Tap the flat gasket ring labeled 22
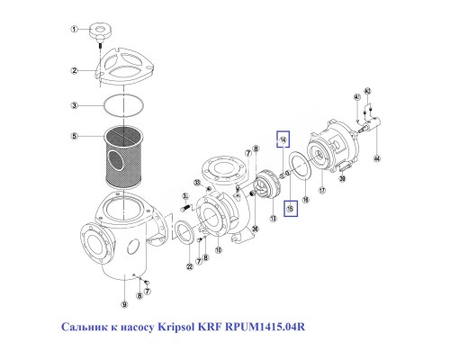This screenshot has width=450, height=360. (191, 236)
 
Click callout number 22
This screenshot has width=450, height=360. (189, 266)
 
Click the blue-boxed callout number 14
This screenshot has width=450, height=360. (283, 140)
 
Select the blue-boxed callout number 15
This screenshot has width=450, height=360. (290, 209)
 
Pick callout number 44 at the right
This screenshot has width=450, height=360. (377, 158)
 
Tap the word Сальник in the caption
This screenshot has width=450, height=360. (84, 327)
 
